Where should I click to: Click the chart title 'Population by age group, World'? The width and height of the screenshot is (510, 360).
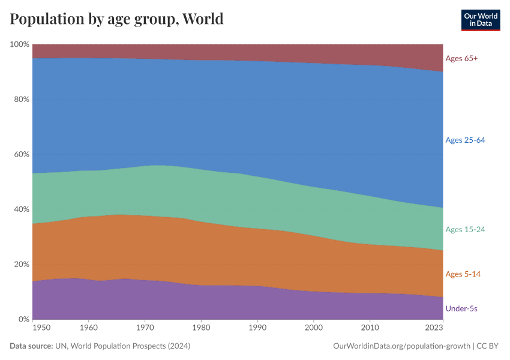click(x=116, y=19)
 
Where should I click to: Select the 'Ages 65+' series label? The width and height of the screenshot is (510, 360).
click(x=461, y=58)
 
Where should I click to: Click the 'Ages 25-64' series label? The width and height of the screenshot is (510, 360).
click(x=465, y=140)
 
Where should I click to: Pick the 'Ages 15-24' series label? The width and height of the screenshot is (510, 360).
click(x=465, y=229)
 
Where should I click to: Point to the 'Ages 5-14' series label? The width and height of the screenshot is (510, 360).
click(x=463, y=274)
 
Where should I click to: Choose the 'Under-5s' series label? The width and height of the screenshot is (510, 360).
click(x=461, y=308)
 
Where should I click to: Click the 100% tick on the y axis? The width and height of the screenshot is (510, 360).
click(x=20, y=44)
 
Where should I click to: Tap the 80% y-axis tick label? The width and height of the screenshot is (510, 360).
click(x=22, y=100)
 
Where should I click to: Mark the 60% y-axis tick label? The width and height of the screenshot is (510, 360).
click(x=22, y=154)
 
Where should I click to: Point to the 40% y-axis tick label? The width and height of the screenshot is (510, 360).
click(x=22, y=209)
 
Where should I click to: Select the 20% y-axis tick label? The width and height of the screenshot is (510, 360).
click(x=22, y=265)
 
